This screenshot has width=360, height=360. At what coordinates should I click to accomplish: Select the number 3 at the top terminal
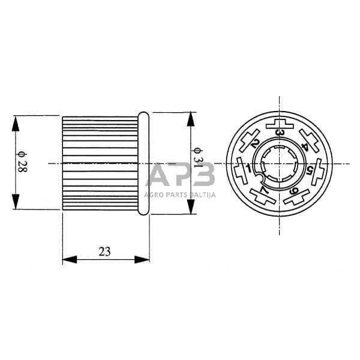point(280,133)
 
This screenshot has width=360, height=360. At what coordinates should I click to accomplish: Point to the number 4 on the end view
point(306,146)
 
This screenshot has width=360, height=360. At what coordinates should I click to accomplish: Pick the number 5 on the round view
point(310,170)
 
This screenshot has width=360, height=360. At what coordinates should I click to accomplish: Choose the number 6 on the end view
point(295,191)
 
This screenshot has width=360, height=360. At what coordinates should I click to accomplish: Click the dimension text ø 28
point(23,162)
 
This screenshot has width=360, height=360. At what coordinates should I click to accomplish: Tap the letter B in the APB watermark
point(202,176)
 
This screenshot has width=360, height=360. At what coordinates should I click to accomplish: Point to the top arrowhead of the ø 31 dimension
point(191,118)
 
